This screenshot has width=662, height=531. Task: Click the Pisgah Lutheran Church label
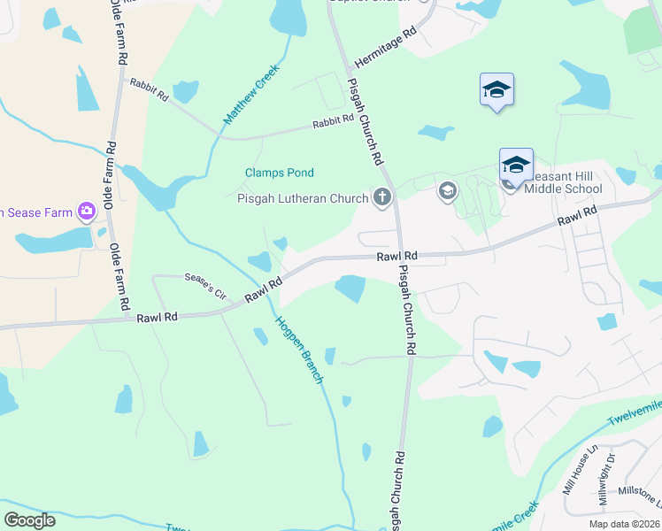(x=302, y=198)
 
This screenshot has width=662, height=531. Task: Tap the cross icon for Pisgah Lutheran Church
(x=382, y=196)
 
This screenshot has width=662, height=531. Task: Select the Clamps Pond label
(x=280, y=173)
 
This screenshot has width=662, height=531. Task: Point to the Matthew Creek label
(x=251, y=93)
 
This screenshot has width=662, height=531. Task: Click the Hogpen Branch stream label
(x=298, y=349)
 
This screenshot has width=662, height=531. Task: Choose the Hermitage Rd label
(x=385, y=48)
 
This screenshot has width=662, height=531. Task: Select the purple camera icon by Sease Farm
(x=86, y=211)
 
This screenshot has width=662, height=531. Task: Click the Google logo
(x=29, y=520)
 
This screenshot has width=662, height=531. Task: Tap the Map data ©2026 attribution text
(x=623, y=523)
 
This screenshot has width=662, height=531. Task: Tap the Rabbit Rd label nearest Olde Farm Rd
(x=149, y=89)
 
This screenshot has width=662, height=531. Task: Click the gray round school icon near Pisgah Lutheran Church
(x=447, y=190)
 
